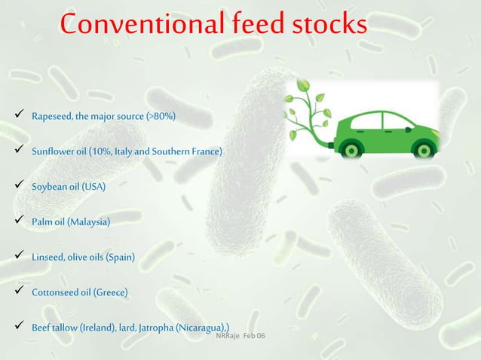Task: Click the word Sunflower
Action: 54,152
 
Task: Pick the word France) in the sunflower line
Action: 207,152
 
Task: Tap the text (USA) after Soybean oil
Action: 93,187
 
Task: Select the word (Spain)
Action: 120,258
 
